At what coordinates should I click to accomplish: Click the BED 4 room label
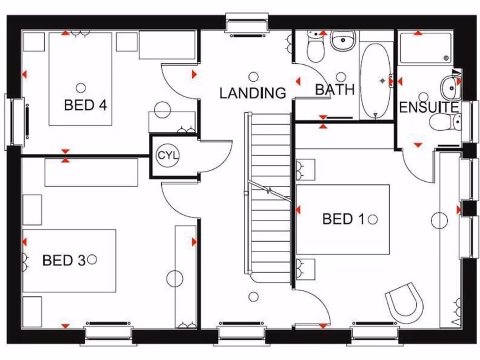coord(85,105)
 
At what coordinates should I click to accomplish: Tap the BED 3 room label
coord(64,260)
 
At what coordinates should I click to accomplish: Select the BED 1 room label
coord(344,219)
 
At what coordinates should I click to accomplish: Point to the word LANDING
coord(253,93)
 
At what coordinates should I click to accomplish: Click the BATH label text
coord(334,90)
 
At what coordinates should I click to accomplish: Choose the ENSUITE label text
coord(428,107)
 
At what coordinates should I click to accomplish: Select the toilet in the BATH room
coord(315,49)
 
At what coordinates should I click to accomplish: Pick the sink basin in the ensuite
coord(450,87)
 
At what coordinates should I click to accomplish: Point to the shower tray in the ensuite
coord(425,48)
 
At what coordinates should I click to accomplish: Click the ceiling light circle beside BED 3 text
coord(92,259)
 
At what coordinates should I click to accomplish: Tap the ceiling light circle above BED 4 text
coord(81,88)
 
